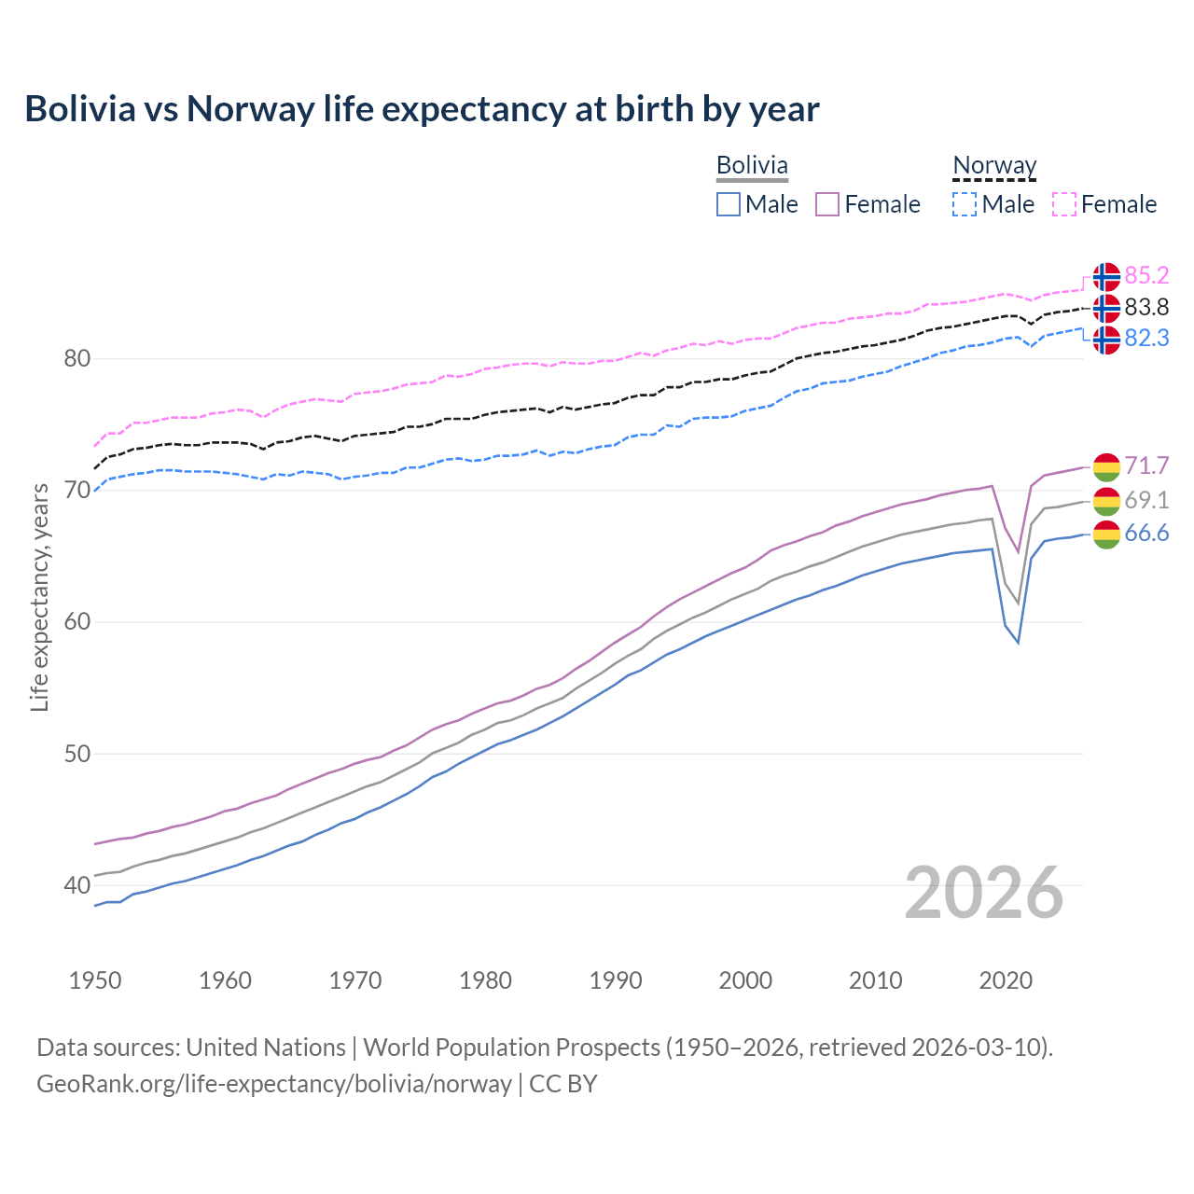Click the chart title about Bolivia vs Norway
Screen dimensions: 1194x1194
tap(422, 109)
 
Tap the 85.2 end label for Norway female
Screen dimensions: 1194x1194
tap(1146, 275)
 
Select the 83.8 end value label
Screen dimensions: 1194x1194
tap(1146, 307)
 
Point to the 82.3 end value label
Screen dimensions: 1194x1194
tap(1146, 338)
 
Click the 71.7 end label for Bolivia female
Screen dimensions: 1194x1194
tap(1146, 465)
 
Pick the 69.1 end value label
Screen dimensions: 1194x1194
tap(1146, 500)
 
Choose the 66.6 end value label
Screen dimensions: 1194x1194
tap(1146, 533)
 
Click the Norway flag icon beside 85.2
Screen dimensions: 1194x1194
tap(1106, 277)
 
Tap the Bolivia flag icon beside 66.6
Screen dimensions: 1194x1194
tap(1106, 535)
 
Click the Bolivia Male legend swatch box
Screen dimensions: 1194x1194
tap(729, 204)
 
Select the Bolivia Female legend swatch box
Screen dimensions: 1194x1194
tap(827, 204)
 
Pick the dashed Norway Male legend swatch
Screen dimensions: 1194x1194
tap(965, 204)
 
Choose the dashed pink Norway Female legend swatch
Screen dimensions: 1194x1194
tap(1064, 204)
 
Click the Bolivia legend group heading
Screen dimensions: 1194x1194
tap(752, 165)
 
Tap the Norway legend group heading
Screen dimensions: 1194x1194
tap(994, 165)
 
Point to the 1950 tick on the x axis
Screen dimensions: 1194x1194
tap(95, 980)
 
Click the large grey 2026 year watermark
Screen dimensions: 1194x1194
tap(984, 893)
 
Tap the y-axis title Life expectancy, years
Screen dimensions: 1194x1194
tap(40, 597)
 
